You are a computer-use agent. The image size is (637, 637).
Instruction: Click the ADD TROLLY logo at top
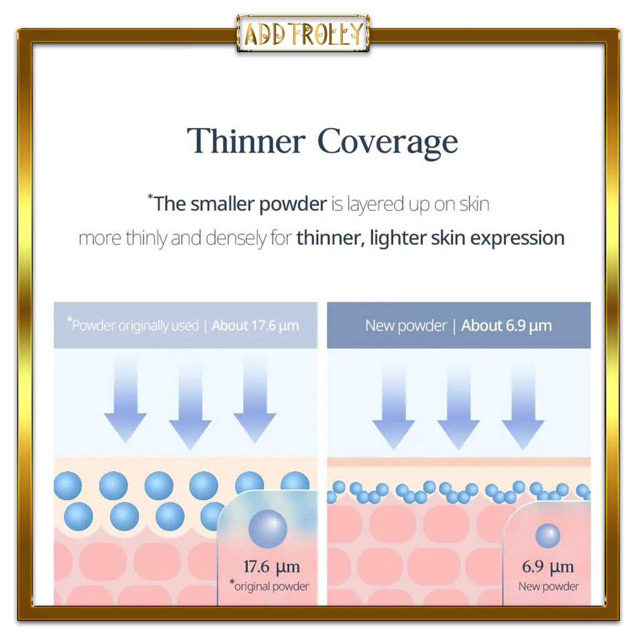click(x=303, y=34)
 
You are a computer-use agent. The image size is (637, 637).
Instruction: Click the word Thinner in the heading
click(x=246, y=141)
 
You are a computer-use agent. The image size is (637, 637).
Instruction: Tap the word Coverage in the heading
click(x=388, y=142)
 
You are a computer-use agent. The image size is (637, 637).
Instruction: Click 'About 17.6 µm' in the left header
click(x=255, y=326)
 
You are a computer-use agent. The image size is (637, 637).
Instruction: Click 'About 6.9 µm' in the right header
click(x=506, y=326)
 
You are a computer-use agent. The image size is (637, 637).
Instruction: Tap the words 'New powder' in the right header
click(x=406, y=326)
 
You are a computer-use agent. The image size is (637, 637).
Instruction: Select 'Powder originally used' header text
click(x=135, y=325)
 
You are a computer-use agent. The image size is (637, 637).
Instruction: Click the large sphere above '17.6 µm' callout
click(x=268, y=529)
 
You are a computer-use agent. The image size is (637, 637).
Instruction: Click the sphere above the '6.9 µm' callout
click(x=547, y=536)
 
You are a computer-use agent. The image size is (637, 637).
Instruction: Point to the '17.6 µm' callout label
click(x=271, y=567)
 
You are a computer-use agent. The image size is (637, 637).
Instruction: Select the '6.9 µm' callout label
click(x=547, y=567)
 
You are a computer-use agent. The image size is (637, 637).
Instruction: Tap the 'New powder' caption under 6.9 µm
click(x=549, y=586)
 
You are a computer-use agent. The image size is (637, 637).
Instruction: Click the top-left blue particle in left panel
click(x=68, y=485)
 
